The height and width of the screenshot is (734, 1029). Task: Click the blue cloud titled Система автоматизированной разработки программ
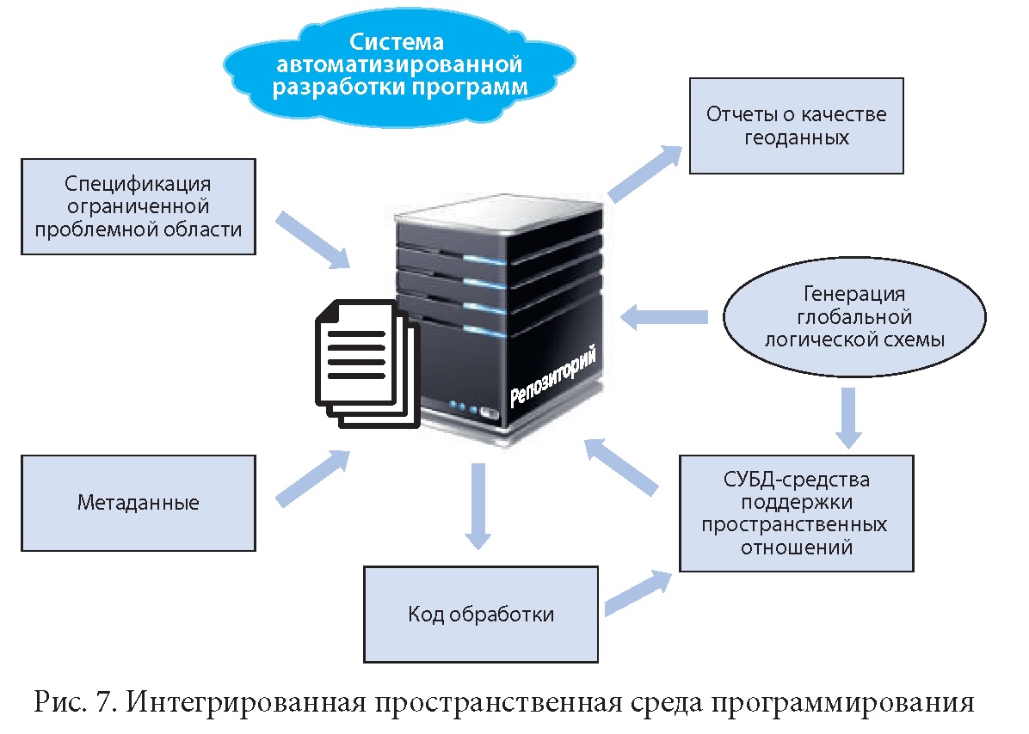[x=398, y=65]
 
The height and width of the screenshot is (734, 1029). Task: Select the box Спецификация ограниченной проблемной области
[x=138, y=206]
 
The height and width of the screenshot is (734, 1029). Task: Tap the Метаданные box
[x=138, y=503]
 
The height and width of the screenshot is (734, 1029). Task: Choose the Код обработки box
[x=480, y=614]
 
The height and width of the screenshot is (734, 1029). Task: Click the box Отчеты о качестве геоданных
[x=795, y=125]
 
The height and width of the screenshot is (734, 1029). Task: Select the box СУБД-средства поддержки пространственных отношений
[x=795, y=512]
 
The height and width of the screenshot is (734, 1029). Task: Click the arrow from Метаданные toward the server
[x=312, y=478]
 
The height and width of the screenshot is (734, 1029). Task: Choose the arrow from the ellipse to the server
[x=663, y=316]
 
